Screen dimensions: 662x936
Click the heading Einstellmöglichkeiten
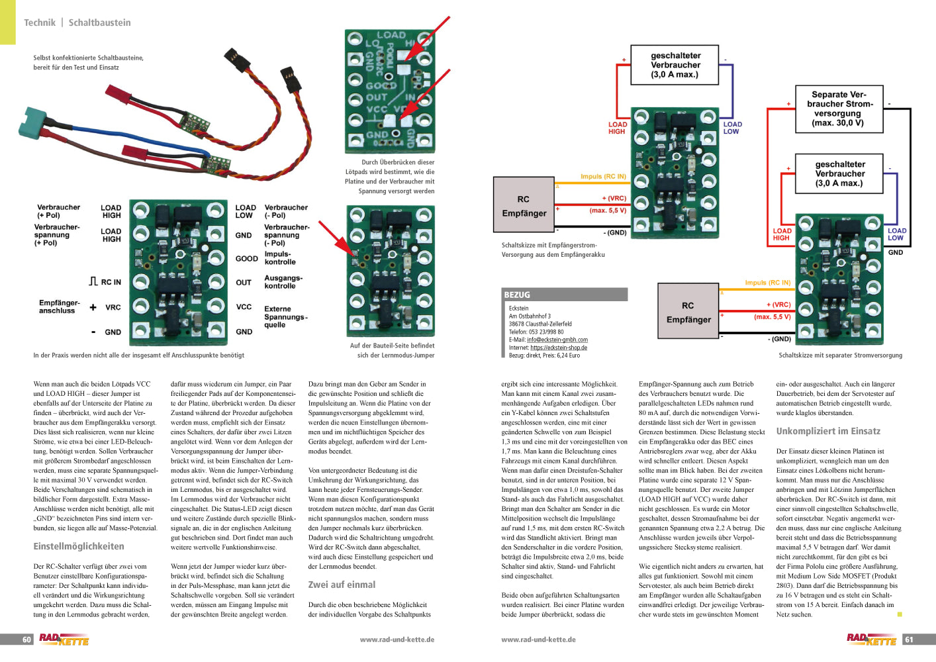[x=79, y=547]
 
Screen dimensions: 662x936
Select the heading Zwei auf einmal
[x=342, y=585]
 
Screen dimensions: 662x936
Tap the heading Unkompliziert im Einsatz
[x=828, y=432]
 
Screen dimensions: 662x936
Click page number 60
[x=26, y=639]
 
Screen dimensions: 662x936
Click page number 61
[x=910, y=639]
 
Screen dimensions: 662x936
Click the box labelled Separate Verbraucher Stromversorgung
[x=838, y=109]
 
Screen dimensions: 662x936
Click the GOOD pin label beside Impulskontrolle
[x=246, y=259]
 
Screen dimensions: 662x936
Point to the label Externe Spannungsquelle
[x=286, y=317]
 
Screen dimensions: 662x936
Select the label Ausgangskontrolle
[x=283, y=282]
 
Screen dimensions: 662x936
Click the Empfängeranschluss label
[x=59, y=307]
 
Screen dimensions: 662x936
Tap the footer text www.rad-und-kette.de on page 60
[x=397, y=639]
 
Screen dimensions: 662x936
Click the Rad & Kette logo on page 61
[x=871, y=639]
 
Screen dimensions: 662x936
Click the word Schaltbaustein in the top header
[x=100, y=23]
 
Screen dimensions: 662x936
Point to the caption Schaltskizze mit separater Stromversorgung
[x=840, y=355]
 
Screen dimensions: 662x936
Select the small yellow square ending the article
[x=900, y=614]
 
